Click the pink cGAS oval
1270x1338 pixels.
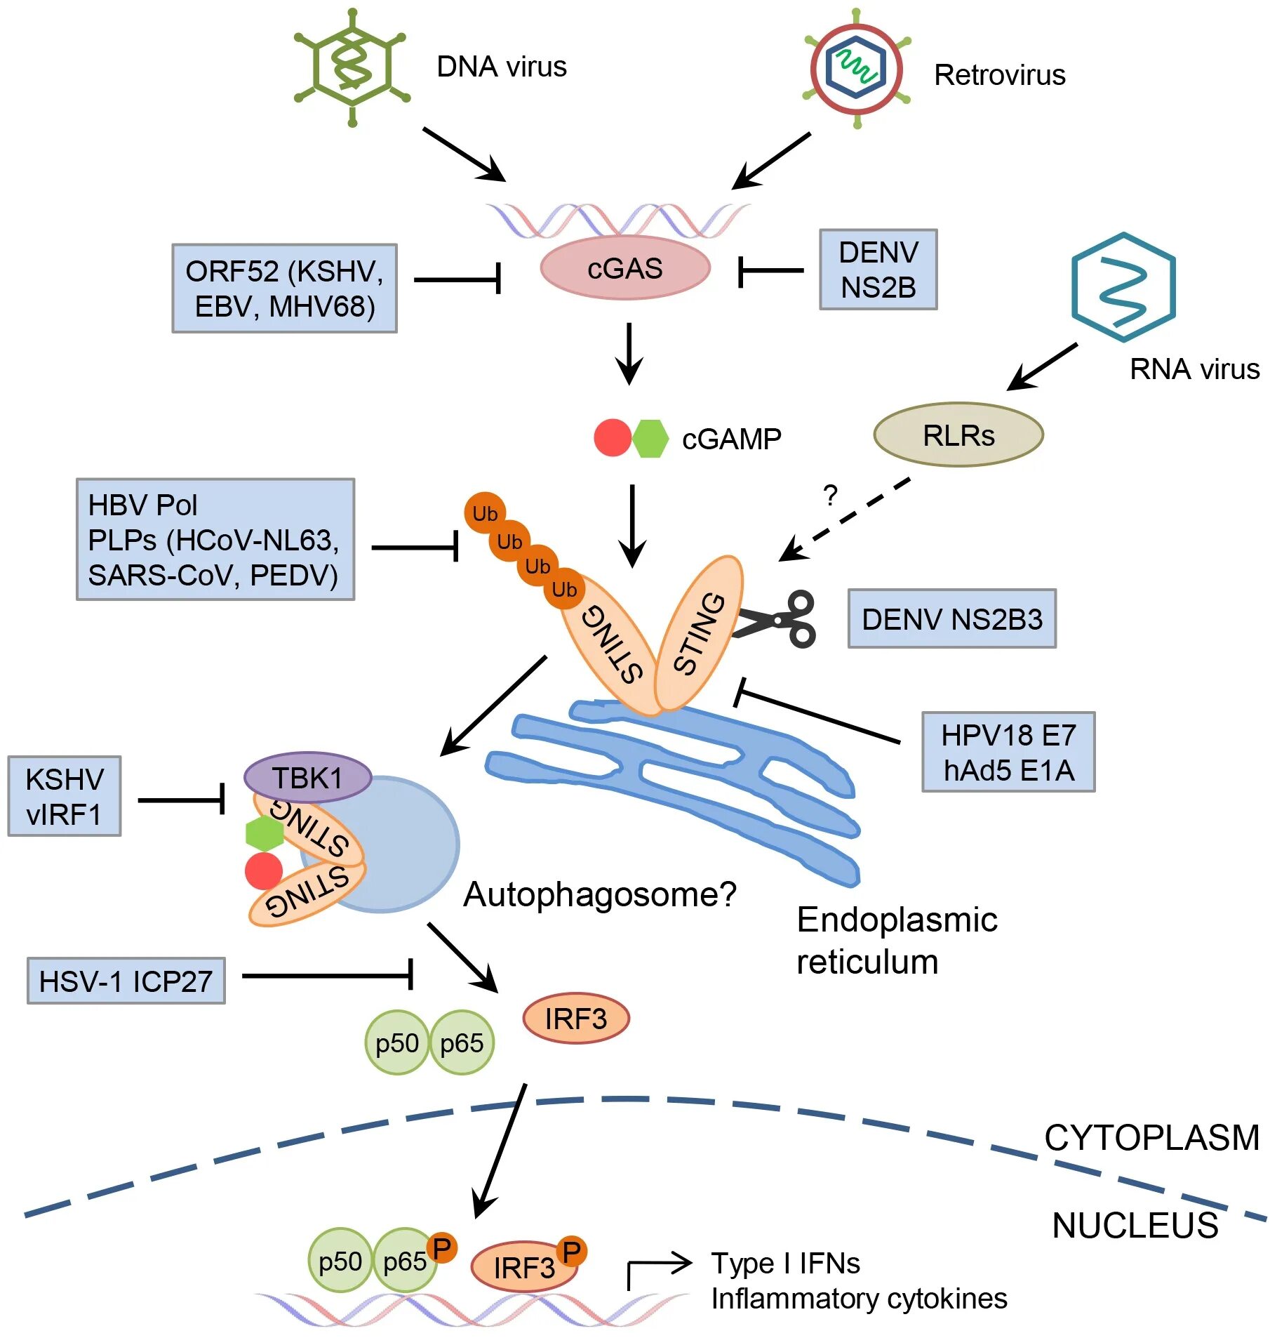pos(624,268)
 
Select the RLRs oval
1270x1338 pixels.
pos(958,435)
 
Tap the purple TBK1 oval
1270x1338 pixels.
pos(307,778)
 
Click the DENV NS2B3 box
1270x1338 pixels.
pos(951,619)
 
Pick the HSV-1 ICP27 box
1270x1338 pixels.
pos(126,981)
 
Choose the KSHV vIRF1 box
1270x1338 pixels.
pos(64,796)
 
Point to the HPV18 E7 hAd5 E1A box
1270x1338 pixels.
pos(1008,753)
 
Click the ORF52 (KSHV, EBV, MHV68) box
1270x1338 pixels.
pos(284,289)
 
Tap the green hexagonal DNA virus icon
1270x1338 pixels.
pos(352,67)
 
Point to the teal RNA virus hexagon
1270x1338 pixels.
pos(1123,287)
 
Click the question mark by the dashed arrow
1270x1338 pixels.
pos(831,496)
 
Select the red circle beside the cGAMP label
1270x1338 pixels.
pos(612,438)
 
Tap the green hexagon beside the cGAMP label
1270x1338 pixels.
pos(650,439)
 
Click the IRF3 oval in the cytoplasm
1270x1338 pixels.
pos(575,1019)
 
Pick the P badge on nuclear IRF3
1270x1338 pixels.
pos(572,1252)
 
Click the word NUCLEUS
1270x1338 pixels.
pos(1135,1226)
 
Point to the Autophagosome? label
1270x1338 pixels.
pos(600,895)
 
